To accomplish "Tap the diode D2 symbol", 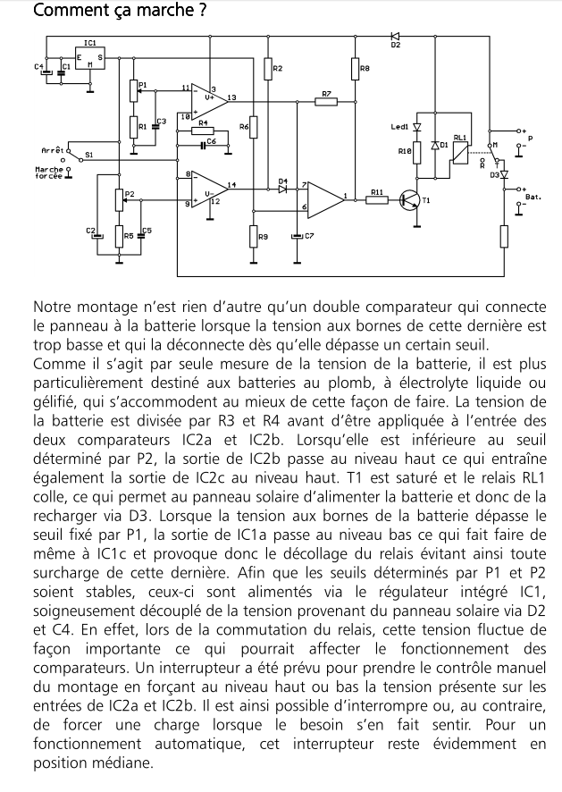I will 395,36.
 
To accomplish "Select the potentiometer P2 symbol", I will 119,200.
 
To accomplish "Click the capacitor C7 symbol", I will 298,236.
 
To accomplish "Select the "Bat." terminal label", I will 533,196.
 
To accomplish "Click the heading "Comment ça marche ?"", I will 107,12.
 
